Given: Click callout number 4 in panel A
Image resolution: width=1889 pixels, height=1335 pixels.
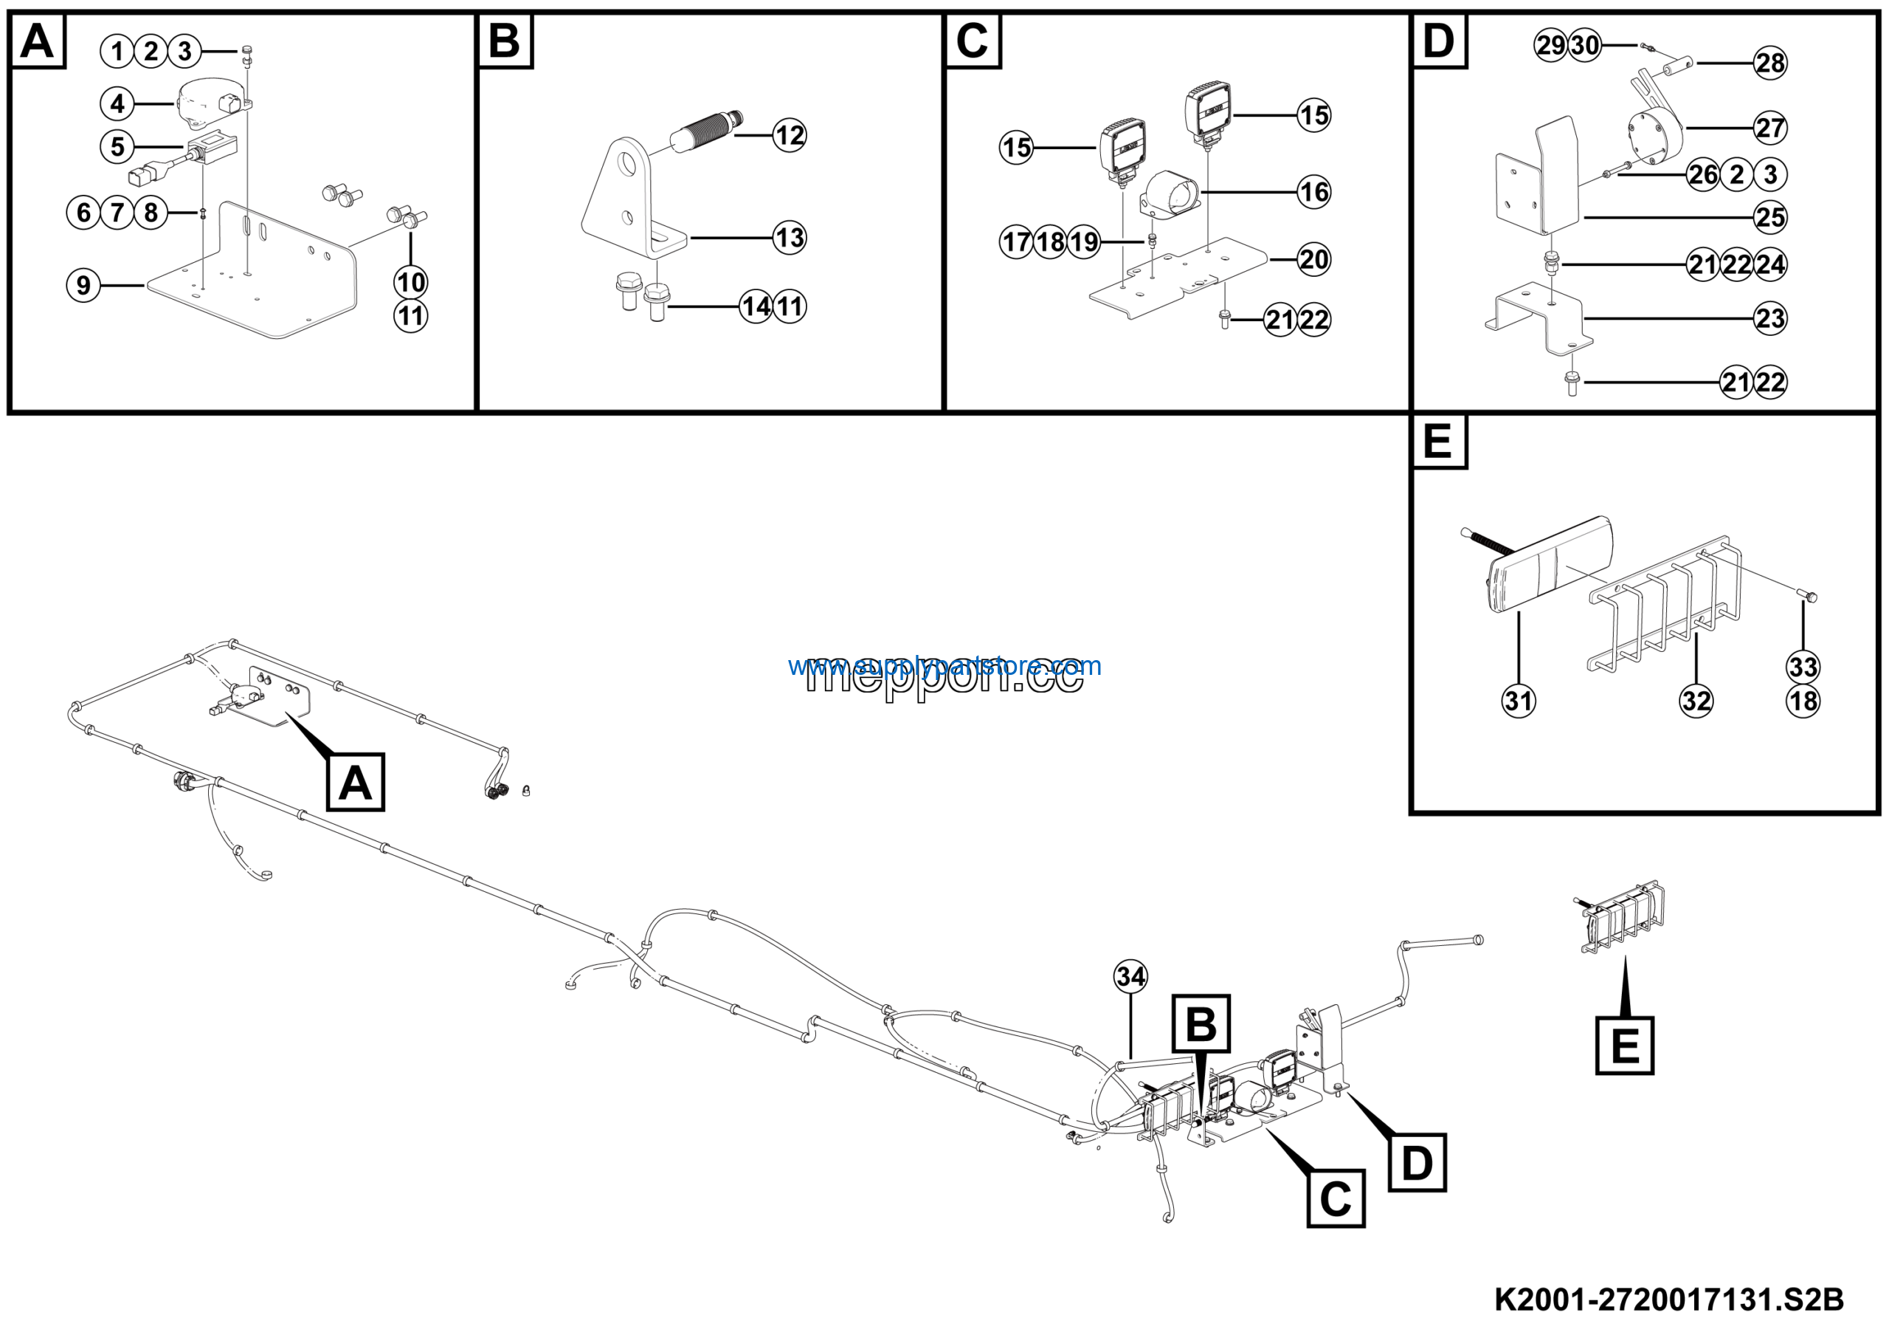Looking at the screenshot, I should pyautogui.click(x=117, y=103).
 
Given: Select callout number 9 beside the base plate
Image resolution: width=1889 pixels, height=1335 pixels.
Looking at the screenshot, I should pyautogui.click(x=83, y=286).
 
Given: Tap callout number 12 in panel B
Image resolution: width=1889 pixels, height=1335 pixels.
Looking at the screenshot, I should pyautogui.click(x=789, y=135).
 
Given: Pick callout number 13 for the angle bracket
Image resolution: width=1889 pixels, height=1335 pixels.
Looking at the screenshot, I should pyautogui.click(x=789, y=238).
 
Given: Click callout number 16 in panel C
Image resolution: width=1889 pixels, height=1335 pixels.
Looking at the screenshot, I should pyautogui.click(x=1313, y=192).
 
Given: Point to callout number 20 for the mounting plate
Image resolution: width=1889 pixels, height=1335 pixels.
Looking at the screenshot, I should pyautogui.click(x=1313, y=259).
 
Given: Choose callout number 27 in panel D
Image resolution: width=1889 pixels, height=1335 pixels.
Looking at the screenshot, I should pyautogui.click(x=1769, y=128).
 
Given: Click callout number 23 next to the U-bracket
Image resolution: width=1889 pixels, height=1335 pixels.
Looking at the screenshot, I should pyautogui.click(x=1769, y=318).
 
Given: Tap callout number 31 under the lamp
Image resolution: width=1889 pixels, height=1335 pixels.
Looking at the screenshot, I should pyautogui.click(x=1518, y=701).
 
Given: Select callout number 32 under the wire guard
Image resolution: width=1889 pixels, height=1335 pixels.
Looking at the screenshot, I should pyautogui.click(x=1696, y=701).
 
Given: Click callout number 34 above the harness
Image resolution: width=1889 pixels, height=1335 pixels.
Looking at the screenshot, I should pyautogui.click(x=1130, y=976).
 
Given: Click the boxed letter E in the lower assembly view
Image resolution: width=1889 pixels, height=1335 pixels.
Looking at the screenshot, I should pyautogui.click(x=1624, y=1046).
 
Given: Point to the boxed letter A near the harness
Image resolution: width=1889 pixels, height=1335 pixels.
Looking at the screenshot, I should pyautogui.click(x=356, y=781).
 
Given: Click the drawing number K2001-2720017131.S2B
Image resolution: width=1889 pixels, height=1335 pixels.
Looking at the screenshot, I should pyautogui.click(x=1668, y=1300).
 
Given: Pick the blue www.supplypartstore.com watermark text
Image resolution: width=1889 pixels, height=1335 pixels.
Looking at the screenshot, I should pyautogui.click(x=944, y=665).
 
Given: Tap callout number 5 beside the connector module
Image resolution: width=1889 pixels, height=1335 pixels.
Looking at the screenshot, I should pyautogui.click(x=117, y=146).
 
